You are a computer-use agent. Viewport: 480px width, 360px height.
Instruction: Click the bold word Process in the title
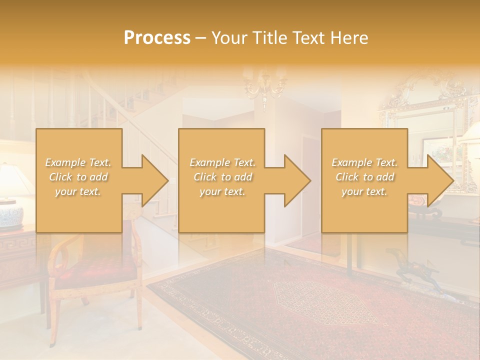(157, 38)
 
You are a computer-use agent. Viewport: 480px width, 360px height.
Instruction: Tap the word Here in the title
(349, 38)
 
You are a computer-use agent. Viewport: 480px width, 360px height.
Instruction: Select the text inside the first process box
(78, 177)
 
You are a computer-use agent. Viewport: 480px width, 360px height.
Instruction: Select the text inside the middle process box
(222, 177)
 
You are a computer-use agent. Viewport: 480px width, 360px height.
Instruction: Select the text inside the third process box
(364, 177)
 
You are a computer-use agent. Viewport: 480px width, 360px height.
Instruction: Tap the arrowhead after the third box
(438, 180)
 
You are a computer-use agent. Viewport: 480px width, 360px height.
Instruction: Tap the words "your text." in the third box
(364, 191)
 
